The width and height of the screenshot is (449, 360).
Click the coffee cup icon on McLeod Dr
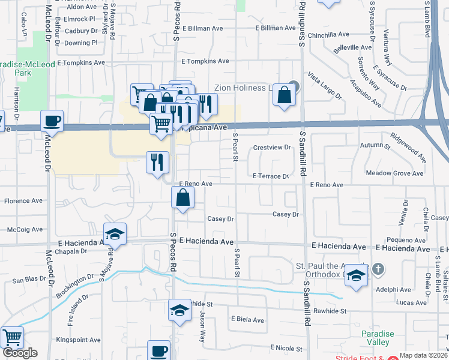(x=52, y=121)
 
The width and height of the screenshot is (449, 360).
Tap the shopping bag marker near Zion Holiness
(x=284, y=95)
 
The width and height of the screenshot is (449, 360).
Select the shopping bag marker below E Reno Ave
(x=182, y=197)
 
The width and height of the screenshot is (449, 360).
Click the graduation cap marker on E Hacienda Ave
(x=115, y=234)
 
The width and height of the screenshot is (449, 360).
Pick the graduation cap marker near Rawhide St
(x=179, y=310)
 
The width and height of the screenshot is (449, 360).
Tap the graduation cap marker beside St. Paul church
(x=356, y=275)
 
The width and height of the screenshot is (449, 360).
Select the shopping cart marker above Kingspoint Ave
(x=12, y=338)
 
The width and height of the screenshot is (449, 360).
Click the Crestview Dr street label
(x=272, y=147)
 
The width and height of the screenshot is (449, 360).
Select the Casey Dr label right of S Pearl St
(x=286, y=214)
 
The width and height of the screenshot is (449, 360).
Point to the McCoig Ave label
(x=25, y=229)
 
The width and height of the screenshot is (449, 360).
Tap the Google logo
(x=20, y=353)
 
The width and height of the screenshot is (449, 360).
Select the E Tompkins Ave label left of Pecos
(x=79, y=62)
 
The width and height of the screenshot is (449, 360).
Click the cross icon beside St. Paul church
(x=378, y=268)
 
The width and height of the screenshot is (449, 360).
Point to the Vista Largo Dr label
(x=324, y=85)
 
